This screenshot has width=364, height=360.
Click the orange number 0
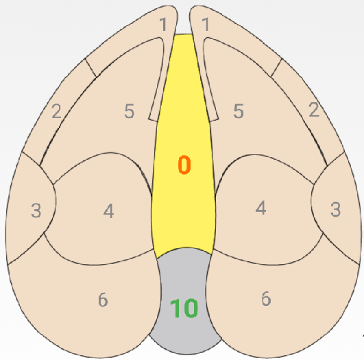coord(184,165)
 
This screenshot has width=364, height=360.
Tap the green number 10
coord(184,308)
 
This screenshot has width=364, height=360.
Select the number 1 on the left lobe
coord(163,25)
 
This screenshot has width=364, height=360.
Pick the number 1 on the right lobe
coord(206,25)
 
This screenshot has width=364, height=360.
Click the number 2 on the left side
coord(56,111)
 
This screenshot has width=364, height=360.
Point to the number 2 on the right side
coord(314,110)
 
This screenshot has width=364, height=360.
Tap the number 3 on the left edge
coord(36,211)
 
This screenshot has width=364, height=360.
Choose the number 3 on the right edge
coord(335,209)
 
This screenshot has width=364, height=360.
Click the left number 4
coord(108,211)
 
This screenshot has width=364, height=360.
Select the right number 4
coord(260,208)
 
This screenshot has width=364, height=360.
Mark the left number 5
coord(130,111)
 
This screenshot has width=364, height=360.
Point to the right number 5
coord(239,111)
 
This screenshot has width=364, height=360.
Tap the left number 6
coord(103,300)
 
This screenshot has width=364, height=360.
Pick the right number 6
coord(266,298)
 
